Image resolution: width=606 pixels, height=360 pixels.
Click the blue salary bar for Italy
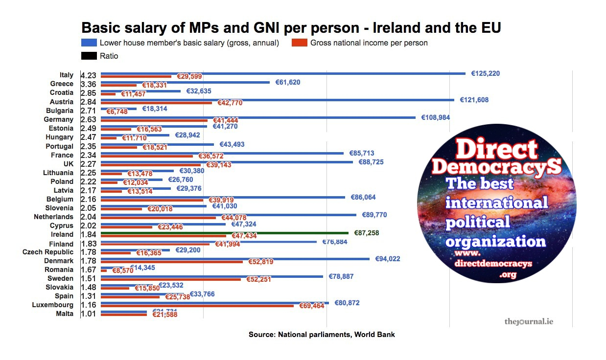coord(283,73)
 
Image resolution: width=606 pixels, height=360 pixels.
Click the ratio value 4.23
coord(89,75)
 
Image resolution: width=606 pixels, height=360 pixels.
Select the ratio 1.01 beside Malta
coord(89,314)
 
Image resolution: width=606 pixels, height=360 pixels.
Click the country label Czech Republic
coord(48,252)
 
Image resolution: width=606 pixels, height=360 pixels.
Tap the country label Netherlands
coord(53,217)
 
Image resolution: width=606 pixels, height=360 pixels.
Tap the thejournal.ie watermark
coord(529,322)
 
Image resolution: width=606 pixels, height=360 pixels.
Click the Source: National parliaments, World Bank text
coord(322,335)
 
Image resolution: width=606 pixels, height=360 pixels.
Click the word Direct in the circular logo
coord(496,148)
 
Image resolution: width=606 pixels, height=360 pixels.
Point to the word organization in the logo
coord(495,241)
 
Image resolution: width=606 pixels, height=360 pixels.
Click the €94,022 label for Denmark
coord(387,259)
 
